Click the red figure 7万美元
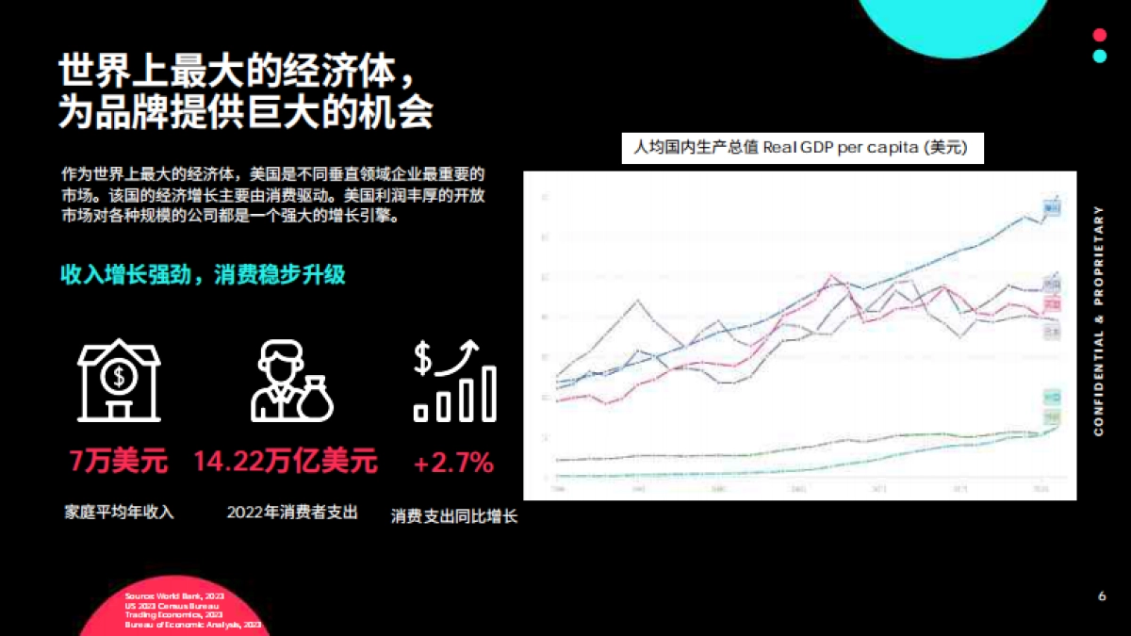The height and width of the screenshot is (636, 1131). point(118,462)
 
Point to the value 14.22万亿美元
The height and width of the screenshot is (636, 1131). point(286,461)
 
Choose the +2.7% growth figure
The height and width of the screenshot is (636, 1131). point(453,462)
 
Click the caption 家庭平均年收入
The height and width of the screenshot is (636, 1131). point(119,513)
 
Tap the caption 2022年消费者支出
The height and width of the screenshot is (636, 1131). point(292,513)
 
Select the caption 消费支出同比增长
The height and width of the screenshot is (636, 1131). point(454,516)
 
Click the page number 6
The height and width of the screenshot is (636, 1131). point(1102,597)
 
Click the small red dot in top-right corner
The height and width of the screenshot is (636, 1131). point(1099,35)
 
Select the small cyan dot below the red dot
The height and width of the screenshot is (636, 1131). point(1099,56)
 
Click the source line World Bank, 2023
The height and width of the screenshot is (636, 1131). point(174,597)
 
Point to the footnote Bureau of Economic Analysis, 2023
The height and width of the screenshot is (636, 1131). point(194,625)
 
